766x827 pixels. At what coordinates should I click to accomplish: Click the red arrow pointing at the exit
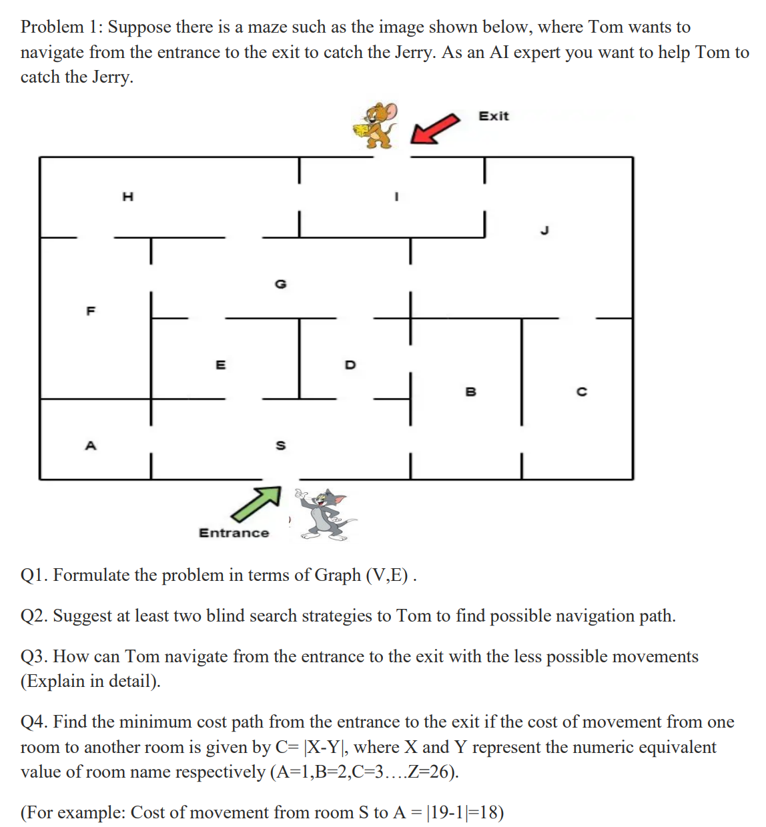[434, 128]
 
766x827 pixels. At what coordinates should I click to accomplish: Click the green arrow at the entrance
[256, 504]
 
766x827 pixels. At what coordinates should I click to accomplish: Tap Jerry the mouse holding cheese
[376, 125]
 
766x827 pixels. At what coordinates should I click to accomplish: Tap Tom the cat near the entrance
[325, 514]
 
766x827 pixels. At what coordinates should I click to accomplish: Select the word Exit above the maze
[493, 116]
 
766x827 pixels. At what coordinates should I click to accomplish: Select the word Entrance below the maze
[234, 533]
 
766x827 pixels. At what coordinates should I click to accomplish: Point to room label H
[127, 196]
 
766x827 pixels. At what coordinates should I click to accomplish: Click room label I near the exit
[396, 197]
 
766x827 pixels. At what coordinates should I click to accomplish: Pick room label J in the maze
[544, 231]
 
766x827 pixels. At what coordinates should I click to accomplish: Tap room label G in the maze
[280, 284]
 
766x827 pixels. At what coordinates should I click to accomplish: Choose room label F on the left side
[91, 311]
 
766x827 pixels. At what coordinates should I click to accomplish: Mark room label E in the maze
[220, 365]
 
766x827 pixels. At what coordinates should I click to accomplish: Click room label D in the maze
[350, 365]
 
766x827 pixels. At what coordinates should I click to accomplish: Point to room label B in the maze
[470, 391]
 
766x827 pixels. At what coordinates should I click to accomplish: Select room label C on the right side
[581, 391]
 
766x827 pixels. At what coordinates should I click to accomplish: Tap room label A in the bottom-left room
[91, 445]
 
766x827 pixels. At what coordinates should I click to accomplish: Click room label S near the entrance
[280, 445]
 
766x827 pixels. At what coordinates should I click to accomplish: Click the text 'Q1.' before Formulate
[34, 575]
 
